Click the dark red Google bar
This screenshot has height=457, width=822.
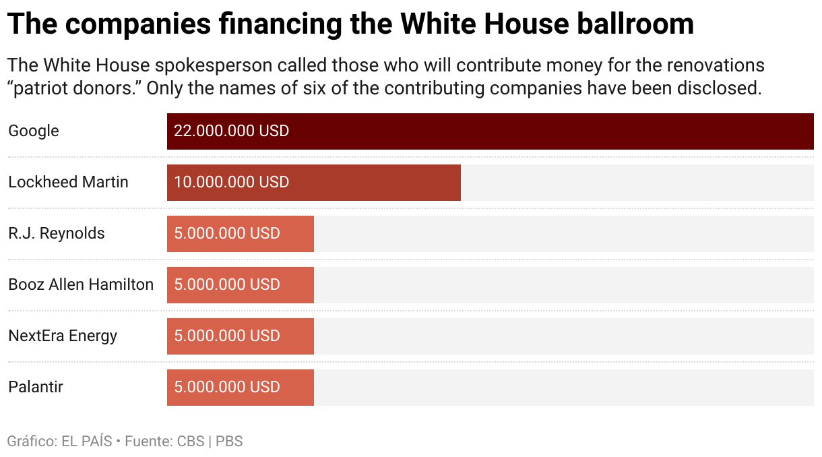click(x=490, y=131)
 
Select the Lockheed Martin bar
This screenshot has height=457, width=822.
click(x=313, y=183)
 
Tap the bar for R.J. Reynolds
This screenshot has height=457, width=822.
click(x=240, y=234)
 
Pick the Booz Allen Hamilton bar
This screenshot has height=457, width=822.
click(x=240, y=285)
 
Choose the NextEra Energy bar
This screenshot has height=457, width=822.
click(x=240, y=336)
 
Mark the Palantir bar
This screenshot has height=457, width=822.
click(x=240, y=388)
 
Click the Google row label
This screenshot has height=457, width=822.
click(x=34, y=131)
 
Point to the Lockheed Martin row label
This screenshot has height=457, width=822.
click(x=68, y=183)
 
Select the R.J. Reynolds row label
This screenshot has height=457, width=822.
click(x=57, y=234)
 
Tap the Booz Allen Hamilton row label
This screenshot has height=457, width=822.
click(x=81, y=285)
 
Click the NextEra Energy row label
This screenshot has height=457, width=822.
click(x=63, y=336)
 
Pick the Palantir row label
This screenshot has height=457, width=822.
click(x=36, y=388)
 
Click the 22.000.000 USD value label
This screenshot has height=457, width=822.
click(x=231, y=131)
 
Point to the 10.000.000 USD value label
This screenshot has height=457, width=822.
click(x=231, y=183)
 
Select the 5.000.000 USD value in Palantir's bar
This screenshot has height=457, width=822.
click(x=227, y=388)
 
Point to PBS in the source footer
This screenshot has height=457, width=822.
click(x=229, y=442)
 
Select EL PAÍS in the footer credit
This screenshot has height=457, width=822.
click(x=86, y=442)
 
